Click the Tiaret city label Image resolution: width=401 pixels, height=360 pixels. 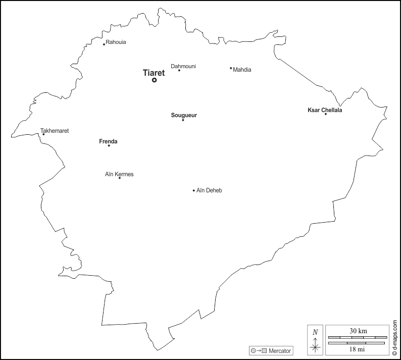pos(154,73)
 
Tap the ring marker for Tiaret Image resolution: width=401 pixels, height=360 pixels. pos(155,80)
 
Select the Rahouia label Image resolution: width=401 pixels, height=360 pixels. pos(116,42)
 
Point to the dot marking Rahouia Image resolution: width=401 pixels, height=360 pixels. pos(104,44)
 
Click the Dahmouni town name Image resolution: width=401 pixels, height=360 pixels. pos(183,66)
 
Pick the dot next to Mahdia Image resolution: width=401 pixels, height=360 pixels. pos(231,68)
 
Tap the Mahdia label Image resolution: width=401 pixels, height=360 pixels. pos(242,70)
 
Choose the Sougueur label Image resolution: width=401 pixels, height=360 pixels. pos(184,115)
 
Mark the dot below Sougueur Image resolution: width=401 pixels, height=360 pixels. pos(183,120)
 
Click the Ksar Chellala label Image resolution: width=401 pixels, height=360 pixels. pos(325,110)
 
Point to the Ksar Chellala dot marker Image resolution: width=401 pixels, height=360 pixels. pos(325,114)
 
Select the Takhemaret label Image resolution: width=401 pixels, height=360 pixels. pos(55,131)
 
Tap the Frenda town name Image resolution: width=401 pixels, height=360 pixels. pos(108,141)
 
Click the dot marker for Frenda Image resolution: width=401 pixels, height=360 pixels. pos(109,145)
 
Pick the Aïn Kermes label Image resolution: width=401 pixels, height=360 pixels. pos(119,174)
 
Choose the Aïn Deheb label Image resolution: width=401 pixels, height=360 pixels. pos(209,190)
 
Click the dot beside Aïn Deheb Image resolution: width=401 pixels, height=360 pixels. pos(193,190)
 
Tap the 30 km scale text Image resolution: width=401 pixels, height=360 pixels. pos(358,331)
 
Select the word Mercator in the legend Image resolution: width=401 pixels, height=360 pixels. pos(280,350)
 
